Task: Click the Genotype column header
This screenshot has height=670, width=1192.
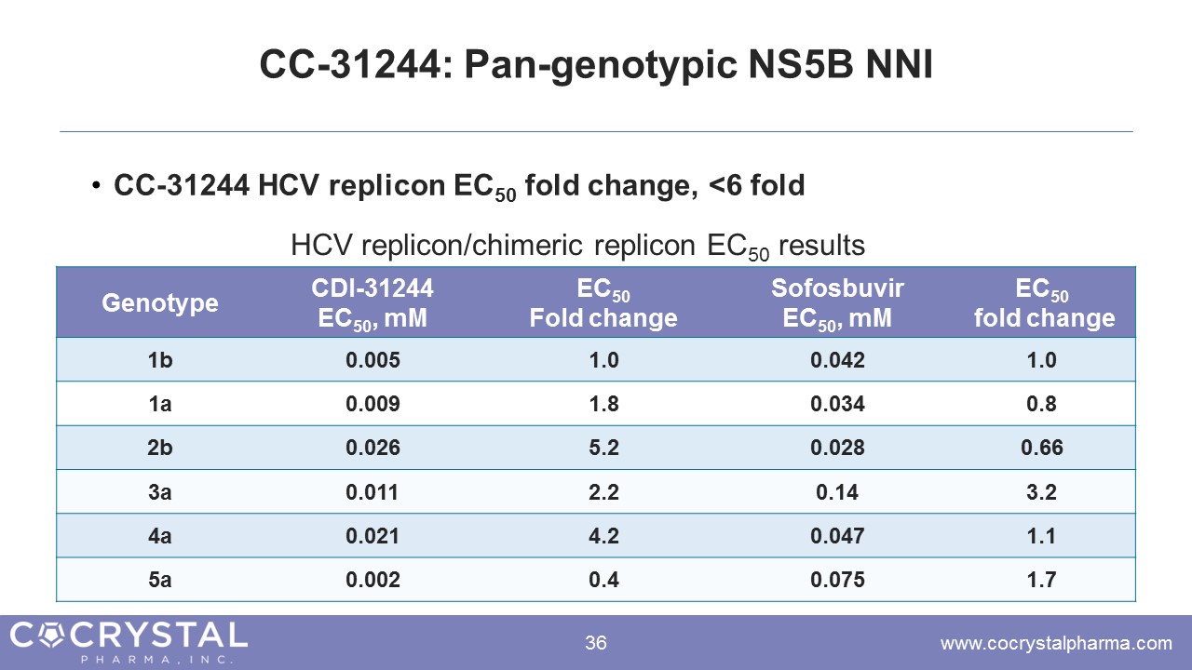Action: [x=160, y=303]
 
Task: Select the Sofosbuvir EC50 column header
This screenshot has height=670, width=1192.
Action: [x=837, y=303]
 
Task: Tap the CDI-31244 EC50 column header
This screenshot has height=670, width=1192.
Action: [x=372, y=303]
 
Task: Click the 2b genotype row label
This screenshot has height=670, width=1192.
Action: [x=160, y=448]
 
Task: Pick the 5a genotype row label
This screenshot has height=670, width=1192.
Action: [x=160, y=580]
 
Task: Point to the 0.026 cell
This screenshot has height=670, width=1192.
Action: [x=372, y=448]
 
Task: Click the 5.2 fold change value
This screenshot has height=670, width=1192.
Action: [x=603, y=448]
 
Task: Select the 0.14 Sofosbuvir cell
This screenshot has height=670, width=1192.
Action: [x=837, y=491]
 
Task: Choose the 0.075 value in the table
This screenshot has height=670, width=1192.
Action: [x=837, y=580]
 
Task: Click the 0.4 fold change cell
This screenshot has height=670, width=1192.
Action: [x=603, y=580]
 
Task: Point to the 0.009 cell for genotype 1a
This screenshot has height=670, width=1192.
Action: [x=372, y=404]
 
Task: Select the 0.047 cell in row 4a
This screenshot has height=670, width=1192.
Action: [x=837, y=536]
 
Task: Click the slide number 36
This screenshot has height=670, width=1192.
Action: [x=596, y=643]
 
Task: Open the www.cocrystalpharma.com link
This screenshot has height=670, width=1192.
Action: [x=1056, y=643]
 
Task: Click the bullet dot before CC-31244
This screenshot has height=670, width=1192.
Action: [x=96, y=187]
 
